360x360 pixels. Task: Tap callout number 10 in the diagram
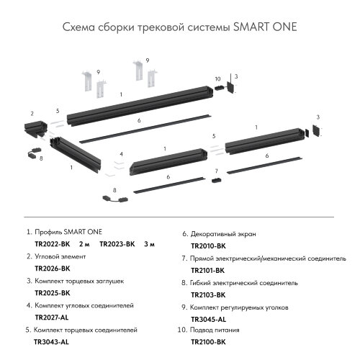[x=217, y=78]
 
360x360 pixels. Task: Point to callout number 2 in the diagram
[x=32, y=113]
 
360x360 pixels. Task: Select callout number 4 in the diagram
[x=122, y=154]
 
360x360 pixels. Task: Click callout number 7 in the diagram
[x=215, y=171]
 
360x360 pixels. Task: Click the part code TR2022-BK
[x=50, y=244]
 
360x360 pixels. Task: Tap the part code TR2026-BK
[x=53, y=269]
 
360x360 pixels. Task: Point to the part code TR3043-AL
[x=51, y=342]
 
